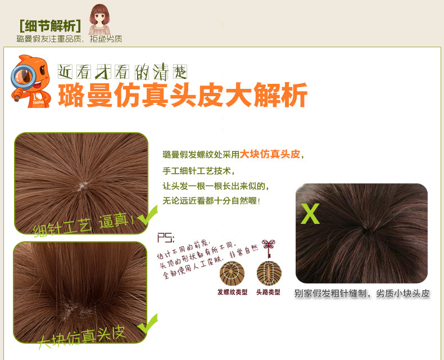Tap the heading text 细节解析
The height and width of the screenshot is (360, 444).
(x=50, y=26)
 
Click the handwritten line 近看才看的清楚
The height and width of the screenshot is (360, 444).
(x=123, y=71)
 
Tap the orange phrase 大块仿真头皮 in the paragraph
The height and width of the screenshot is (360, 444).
(x=270, y=154)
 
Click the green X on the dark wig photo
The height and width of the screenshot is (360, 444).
(x=310, y=214)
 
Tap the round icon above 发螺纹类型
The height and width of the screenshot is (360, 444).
(x=232, y=273)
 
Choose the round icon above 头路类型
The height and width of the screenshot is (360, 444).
(x=269, y=273)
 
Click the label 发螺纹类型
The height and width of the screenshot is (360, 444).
(x=232, y=292)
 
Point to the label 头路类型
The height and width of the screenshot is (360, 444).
(x=268, y=292)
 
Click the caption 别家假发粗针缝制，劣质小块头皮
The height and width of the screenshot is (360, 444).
(x=362, y=293)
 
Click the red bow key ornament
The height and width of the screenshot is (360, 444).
(x=270, y=247)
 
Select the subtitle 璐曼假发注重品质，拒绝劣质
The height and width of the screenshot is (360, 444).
(x=69, y=39)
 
